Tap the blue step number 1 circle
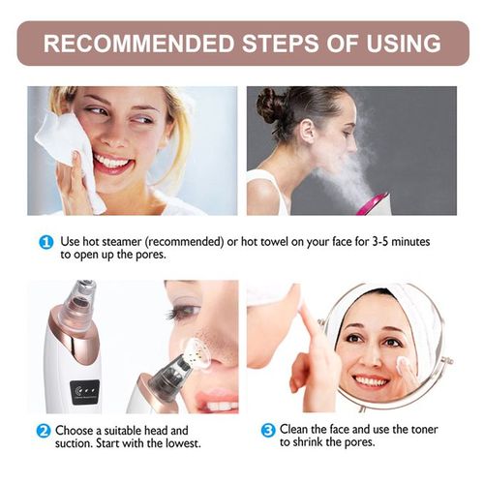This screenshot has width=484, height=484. pyautogui.click(x=45, y=242)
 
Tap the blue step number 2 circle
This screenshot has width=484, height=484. pyautogui.click(x=44, y=431)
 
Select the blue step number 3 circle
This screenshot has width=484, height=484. pyautogui.click(x=268, y=430)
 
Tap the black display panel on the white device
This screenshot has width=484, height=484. pyautogui.click(x=83, y=392)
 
